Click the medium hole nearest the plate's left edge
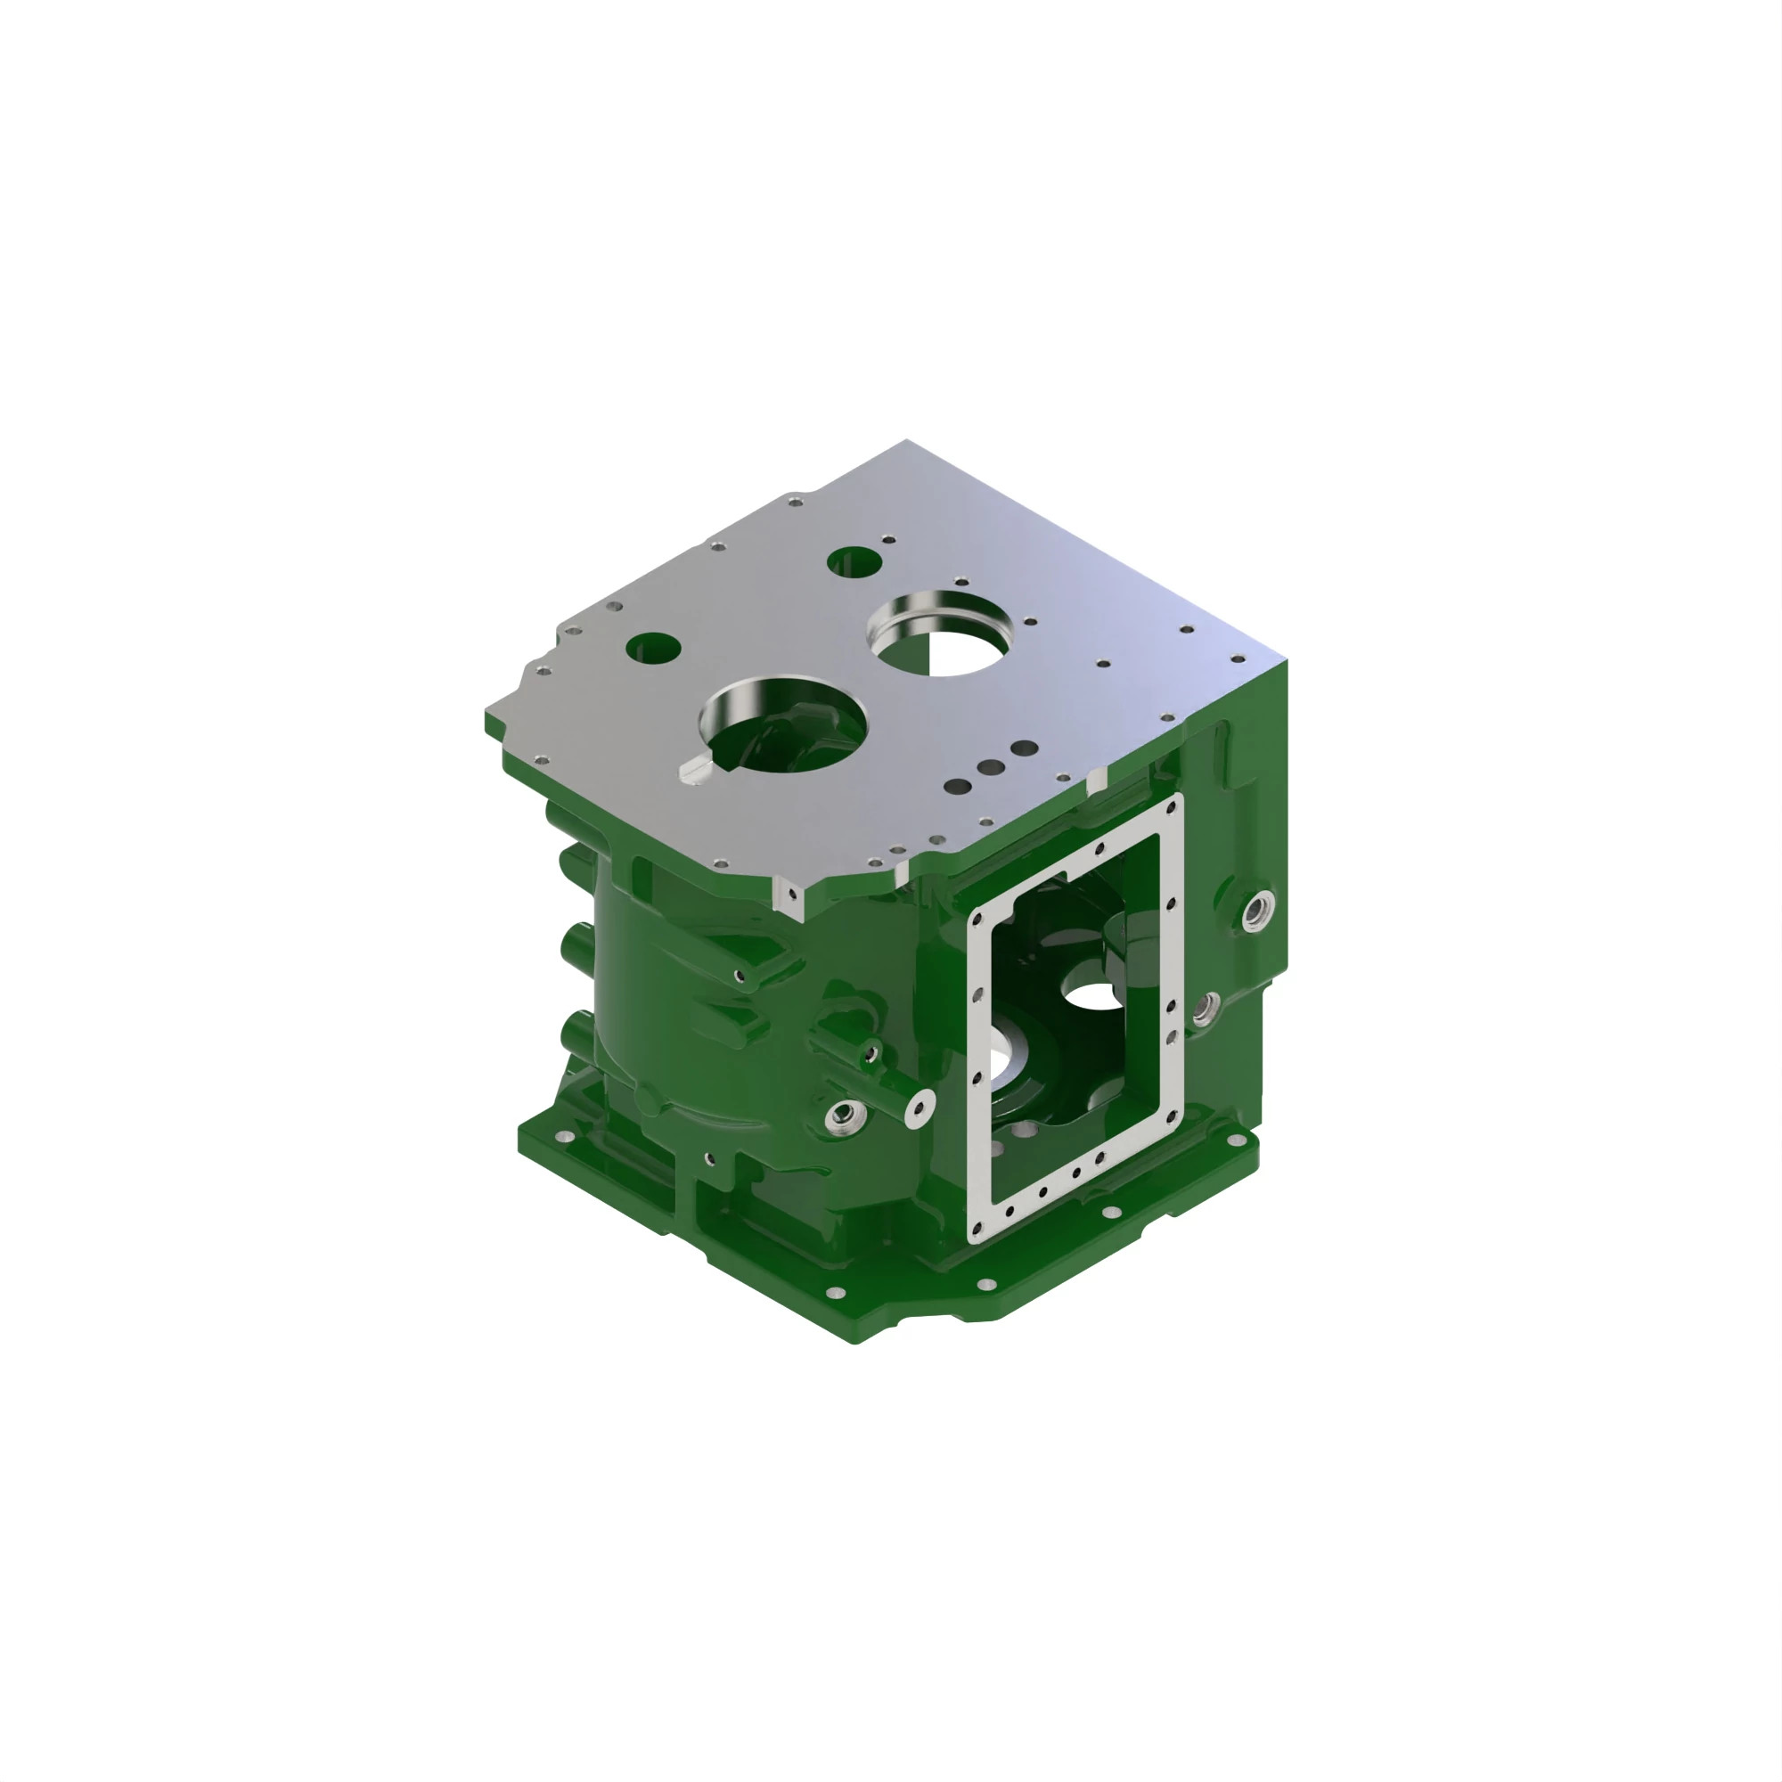click(x=653, y=648)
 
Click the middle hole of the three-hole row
click(x=992, y=767)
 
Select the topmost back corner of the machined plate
click(x=906, y=442)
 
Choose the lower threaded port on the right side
click(x=1202, y=1011)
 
